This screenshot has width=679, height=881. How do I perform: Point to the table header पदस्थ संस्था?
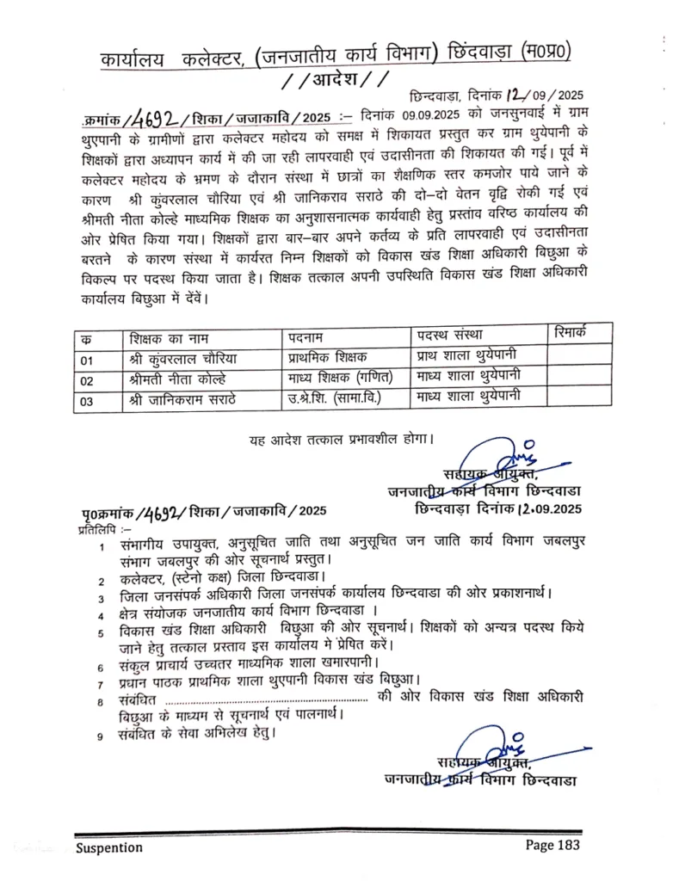pos(453,334)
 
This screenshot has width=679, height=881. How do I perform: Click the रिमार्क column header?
pos(571,331)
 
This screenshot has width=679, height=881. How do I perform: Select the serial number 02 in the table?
pos(86,380)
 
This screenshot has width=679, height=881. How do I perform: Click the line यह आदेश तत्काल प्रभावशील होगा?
pos(342,440)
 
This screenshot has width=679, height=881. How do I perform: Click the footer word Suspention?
pos(109,847)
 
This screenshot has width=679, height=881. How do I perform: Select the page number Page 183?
pos(553,845)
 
